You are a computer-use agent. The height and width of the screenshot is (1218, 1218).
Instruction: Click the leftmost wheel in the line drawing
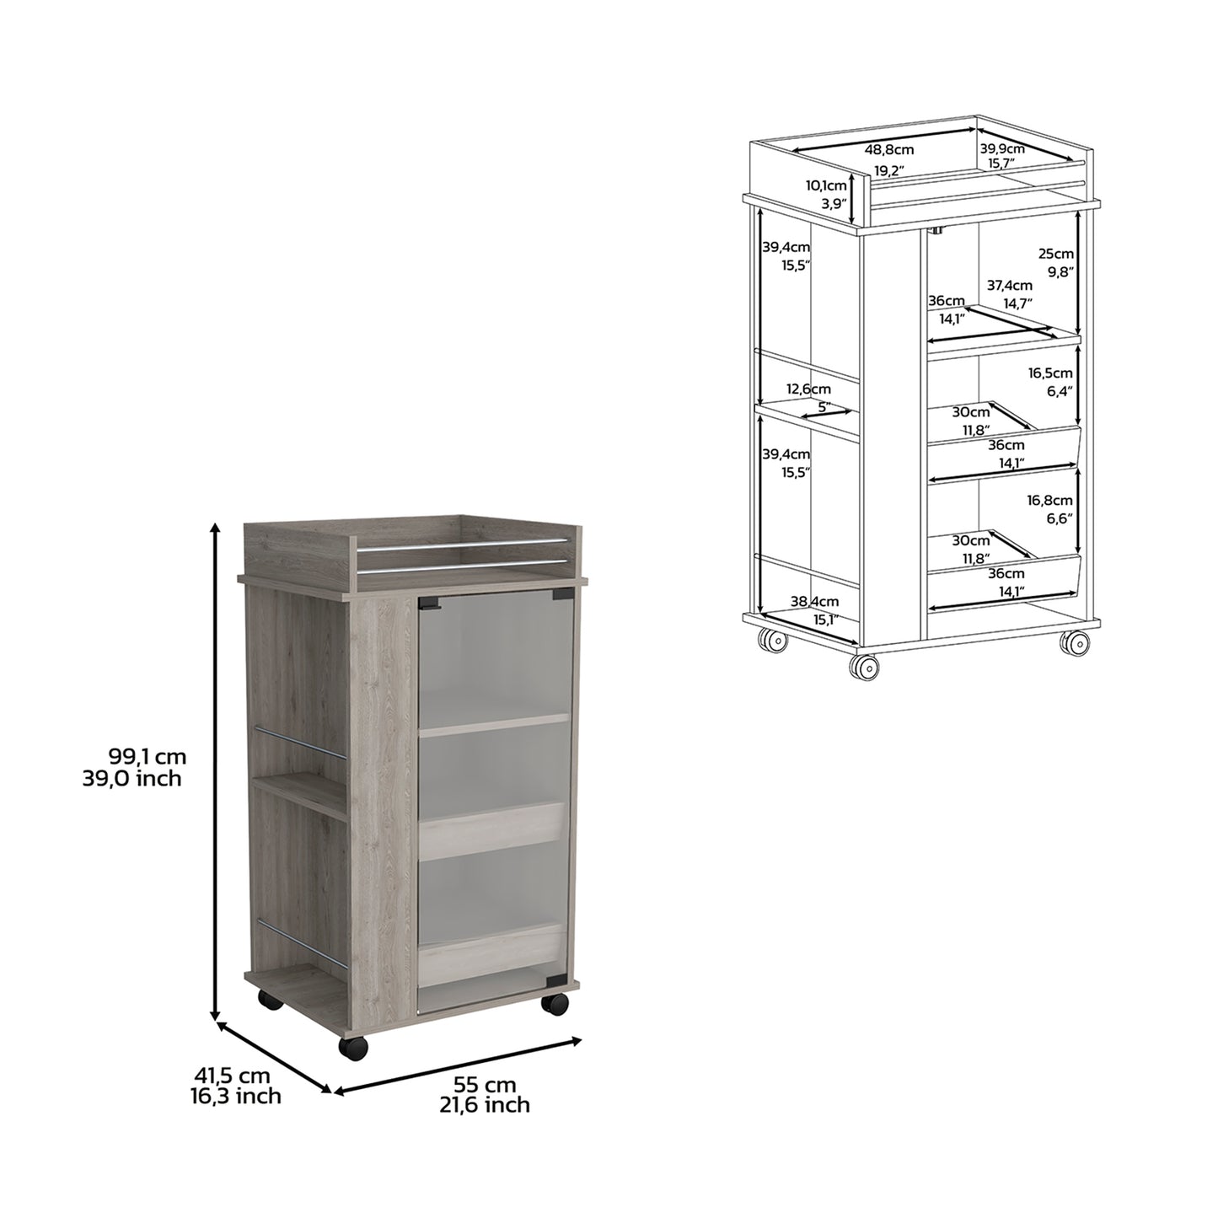773,641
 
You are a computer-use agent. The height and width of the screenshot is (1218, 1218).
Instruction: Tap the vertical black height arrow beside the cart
217,771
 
